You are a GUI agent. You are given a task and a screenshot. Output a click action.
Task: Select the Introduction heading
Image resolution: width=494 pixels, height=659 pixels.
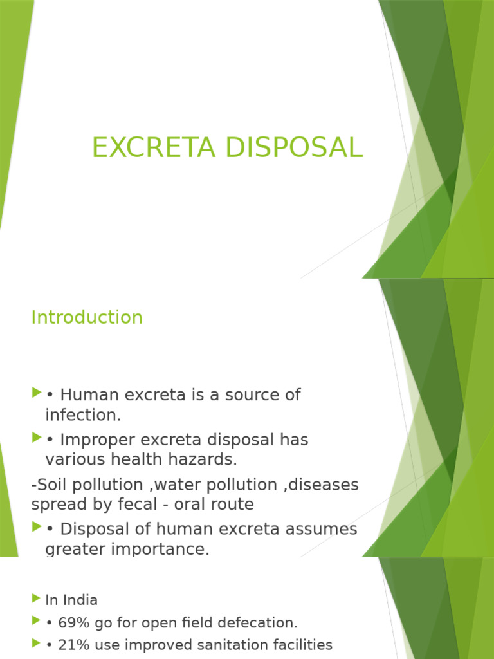point(87,317)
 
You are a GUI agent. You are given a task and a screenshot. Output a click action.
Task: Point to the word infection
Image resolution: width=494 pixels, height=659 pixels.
point(83,415)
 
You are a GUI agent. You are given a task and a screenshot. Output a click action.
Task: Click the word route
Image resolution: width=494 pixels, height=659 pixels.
point(231,504)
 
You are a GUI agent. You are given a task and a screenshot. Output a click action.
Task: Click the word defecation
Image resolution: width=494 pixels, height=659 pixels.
point(262,623)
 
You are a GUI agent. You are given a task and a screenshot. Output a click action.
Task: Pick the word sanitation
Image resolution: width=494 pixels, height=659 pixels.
point(246,645)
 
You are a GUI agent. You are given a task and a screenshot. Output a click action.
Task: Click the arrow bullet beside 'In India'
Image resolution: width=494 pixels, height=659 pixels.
point(35,600)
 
